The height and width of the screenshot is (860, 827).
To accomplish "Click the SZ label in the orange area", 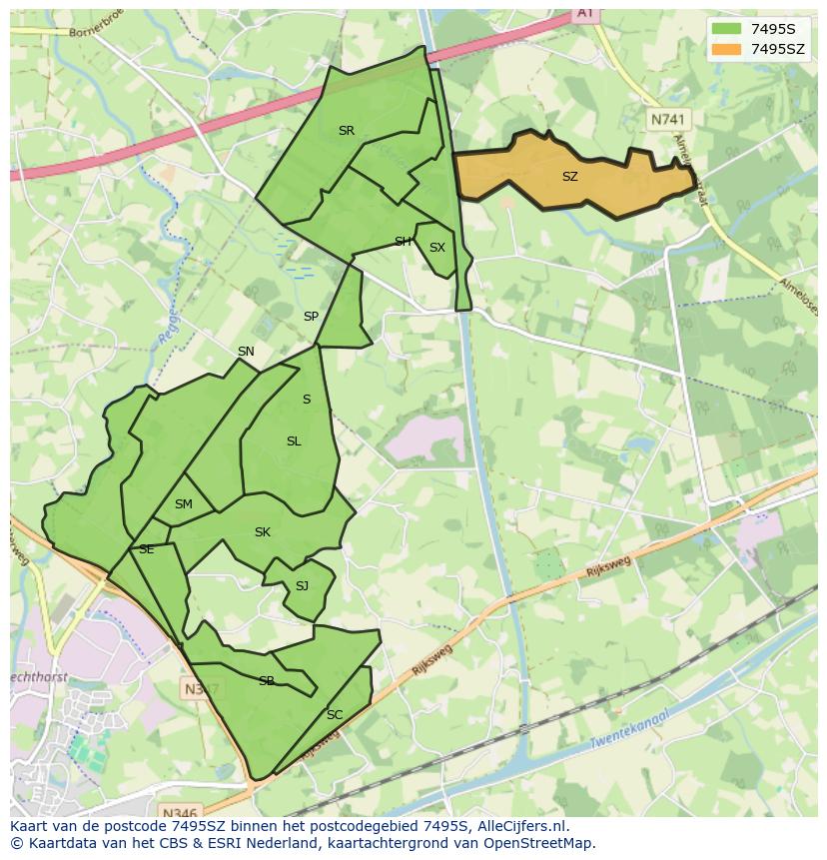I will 569,177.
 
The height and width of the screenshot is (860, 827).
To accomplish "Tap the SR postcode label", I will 346,131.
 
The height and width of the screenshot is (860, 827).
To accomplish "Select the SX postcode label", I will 436,248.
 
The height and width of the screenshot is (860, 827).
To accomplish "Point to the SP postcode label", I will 311,317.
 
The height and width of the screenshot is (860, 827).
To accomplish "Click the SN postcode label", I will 246,352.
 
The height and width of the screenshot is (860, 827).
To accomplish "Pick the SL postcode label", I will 294,441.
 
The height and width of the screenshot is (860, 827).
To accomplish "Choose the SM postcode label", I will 183,504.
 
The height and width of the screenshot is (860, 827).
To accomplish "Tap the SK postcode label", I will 263,532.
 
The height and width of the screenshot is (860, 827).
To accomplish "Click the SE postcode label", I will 146,549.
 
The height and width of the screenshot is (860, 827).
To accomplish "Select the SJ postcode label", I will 302,586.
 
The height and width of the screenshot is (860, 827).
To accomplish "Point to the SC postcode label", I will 335,714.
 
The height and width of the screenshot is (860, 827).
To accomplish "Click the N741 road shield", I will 668,119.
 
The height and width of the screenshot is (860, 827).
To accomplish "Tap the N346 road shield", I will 179,812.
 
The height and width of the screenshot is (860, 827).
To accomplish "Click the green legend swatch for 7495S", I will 727,29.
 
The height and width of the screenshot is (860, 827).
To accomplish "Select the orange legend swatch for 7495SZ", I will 727,49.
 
